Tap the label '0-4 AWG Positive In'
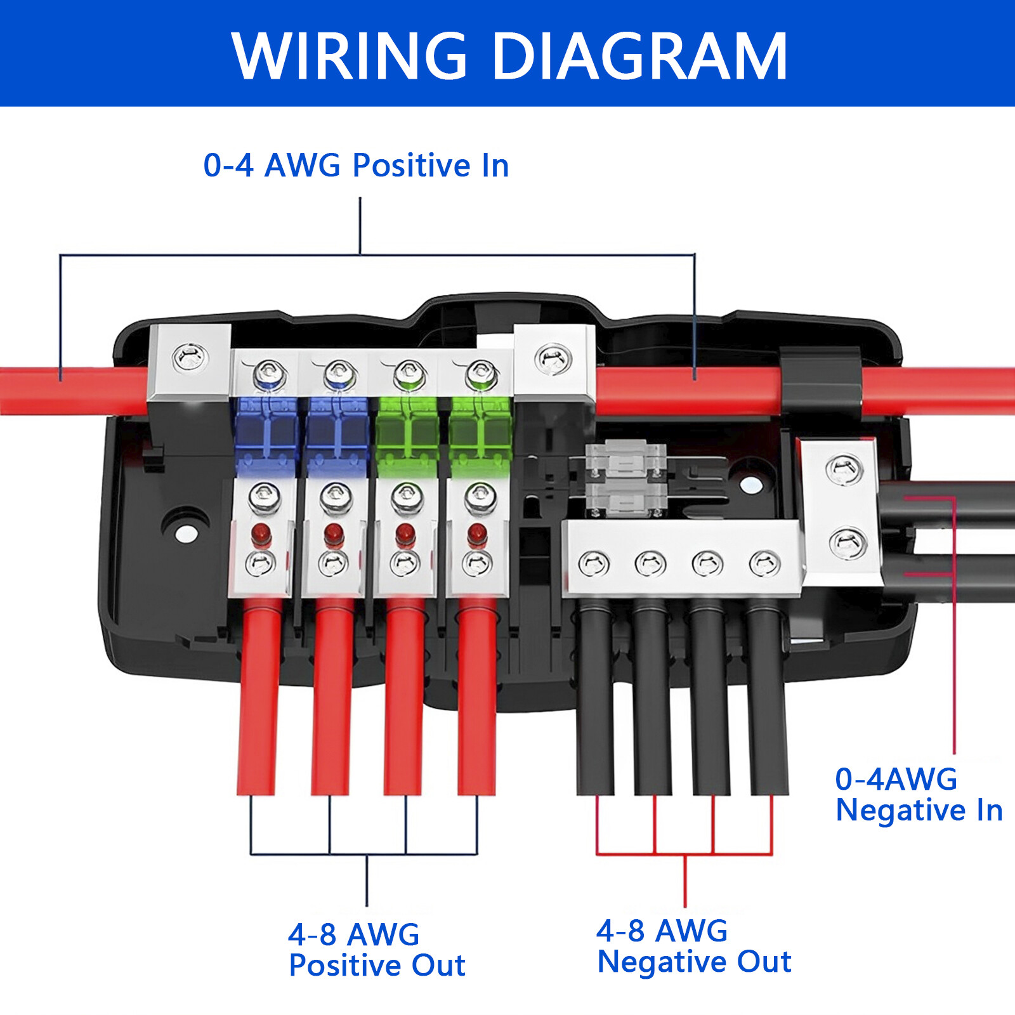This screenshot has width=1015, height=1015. pos(356,166)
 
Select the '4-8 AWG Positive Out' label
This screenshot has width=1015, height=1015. pos(377,950)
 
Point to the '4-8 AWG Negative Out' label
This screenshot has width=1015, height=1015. pos(694,946)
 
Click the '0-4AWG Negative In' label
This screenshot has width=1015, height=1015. pos(918,795)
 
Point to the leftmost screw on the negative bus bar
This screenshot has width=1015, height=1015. pos(594,563)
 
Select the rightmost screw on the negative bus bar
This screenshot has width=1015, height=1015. pos(764,563)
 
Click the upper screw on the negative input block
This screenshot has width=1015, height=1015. pos(844,470)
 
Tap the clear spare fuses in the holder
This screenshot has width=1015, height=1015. pos(625,479)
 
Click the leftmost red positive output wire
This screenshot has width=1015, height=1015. pos(259,698)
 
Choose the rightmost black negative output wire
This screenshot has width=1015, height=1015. pos(768,698)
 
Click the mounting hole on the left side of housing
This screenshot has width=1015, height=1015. pos(185,533)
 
